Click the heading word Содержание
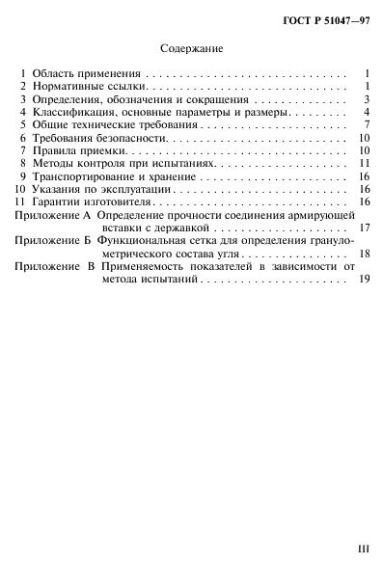(190, 46)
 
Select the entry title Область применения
(87, 73)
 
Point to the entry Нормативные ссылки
(88, 86)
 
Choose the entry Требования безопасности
(96, 139)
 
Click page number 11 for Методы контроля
(366, 164)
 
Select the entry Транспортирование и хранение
(111, 177)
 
